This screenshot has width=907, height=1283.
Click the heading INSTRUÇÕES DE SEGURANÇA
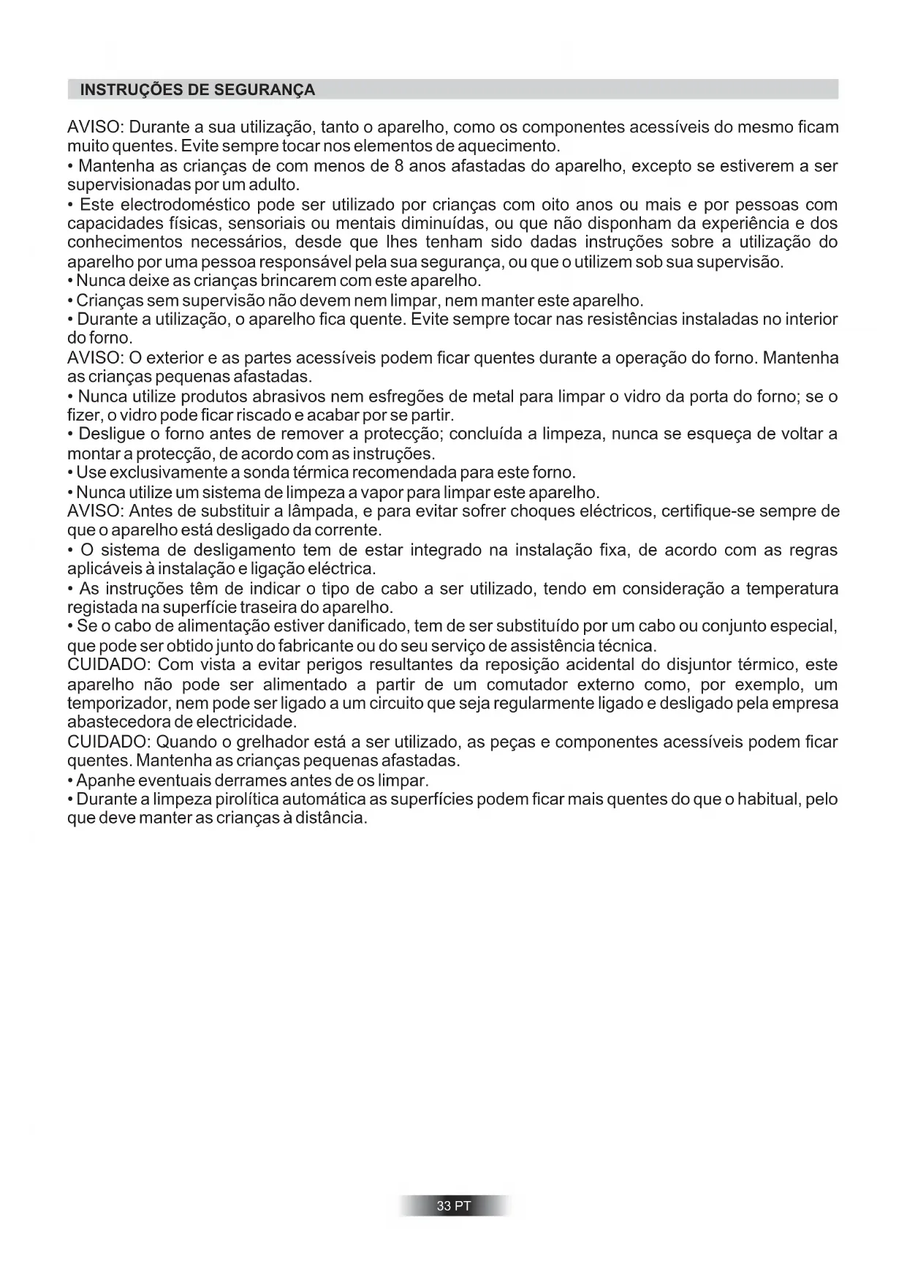197,90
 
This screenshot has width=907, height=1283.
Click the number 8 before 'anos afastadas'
399,166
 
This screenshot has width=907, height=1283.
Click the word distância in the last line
329,818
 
